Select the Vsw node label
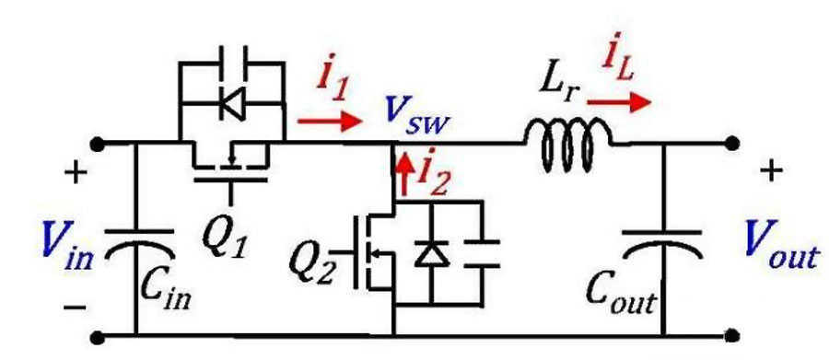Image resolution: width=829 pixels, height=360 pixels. pos(409,113)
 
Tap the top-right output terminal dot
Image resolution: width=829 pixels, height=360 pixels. pos(732,143)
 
